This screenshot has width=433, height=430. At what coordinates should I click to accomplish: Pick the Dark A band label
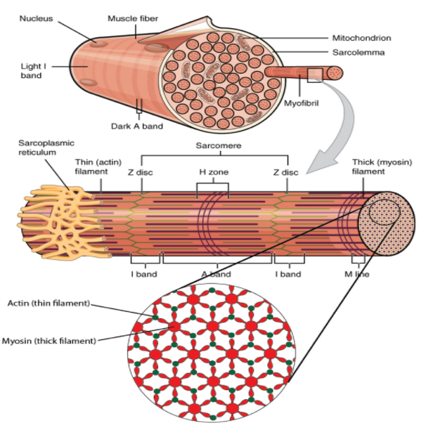tap(138, 126)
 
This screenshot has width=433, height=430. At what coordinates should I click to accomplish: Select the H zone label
tap(214, 172)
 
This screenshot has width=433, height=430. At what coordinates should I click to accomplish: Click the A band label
tap(216, 274)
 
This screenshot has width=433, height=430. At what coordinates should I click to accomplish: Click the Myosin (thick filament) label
tap(49, 341)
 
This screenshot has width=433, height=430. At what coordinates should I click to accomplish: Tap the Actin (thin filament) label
tap(48, 304)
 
